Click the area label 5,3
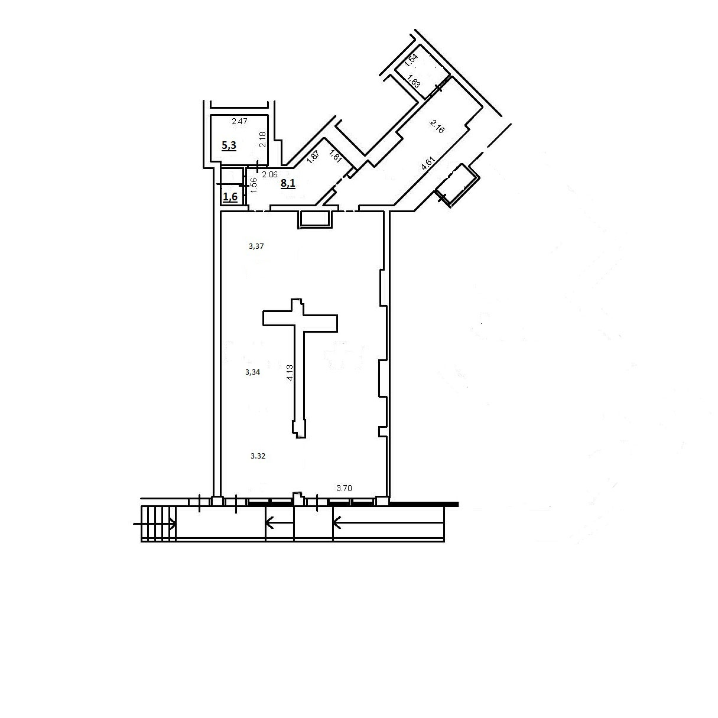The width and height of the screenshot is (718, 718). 229,146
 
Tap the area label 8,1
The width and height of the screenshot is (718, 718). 288,183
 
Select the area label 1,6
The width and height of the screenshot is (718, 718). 230,196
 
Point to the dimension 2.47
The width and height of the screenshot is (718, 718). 239,122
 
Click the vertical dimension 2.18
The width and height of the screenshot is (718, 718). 263,139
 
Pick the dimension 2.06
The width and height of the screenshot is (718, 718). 269,174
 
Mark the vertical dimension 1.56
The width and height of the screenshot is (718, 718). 254,185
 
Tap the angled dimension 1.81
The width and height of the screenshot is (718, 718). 335,156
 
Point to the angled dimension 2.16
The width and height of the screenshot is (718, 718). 437,126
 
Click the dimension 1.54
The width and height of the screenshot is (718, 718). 411,60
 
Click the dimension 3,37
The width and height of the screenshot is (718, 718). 256,246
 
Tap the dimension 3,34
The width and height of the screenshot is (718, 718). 252,372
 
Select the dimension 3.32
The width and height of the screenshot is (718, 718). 258,456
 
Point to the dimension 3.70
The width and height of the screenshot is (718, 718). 344,489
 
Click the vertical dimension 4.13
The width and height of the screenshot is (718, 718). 290,372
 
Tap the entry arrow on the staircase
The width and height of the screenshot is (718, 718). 154,524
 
